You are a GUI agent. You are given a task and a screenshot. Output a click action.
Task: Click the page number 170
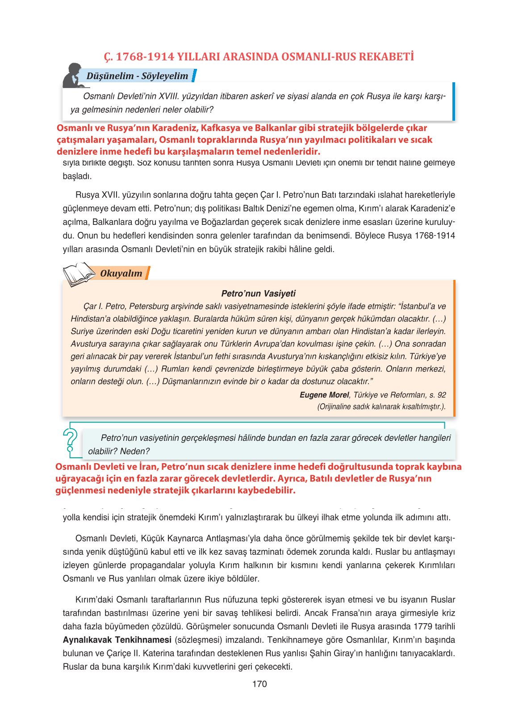(259, 684)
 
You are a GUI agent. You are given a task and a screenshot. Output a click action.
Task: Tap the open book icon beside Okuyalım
(79, 273)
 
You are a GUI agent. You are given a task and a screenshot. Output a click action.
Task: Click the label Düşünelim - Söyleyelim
(137, 76)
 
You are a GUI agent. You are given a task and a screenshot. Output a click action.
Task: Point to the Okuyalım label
(121, 274)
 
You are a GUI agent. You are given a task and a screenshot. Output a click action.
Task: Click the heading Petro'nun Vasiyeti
(259, 293)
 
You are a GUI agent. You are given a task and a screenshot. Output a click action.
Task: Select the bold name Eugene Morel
(324, 395)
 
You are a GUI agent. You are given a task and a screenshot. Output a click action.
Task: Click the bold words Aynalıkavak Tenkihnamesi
(117, 640)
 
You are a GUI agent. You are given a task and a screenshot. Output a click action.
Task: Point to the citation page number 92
(442, 395)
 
